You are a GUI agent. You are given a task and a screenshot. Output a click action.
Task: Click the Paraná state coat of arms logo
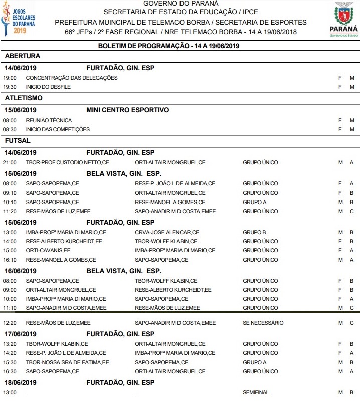346,19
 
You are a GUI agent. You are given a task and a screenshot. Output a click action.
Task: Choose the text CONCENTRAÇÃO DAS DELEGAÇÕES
72,78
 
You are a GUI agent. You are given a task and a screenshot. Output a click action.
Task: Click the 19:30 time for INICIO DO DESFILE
10,87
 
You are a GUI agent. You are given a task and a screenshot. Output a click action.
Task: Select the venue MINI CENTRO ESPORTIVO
127,110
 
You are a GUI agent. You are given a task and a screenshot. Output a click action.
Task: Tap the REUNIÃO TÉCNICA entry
49,120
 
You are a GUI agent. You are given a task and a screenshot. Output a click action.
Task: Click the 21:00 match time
10,162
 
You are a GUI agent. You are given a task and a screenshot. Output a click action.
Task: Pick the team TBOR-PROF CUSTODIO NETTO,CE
67,162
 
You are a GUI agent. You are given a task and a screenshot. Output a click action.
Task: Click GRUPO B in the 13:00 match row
254,232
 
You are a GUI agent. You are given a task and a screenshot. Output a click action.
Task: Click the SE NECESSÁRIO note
263,323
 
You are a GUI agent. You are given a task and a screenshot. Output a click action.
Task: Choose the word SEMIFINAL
256,392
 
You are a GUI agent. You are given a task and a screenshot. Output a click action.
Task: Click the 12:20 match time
10,323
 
